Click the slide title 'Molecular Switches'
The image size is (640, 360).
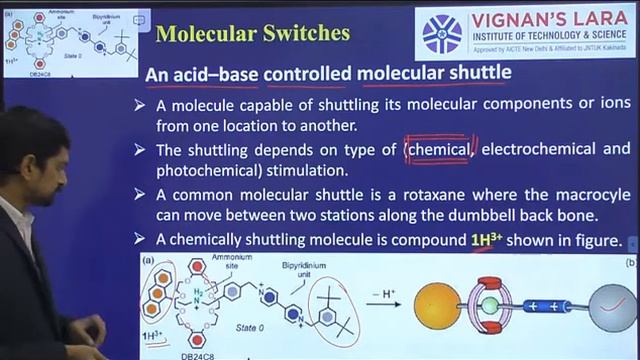pyautogui.click(x=254, y=33)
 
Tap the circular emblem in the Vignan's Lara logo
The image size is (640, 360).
pyautogui.click(x=443, y=34)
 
